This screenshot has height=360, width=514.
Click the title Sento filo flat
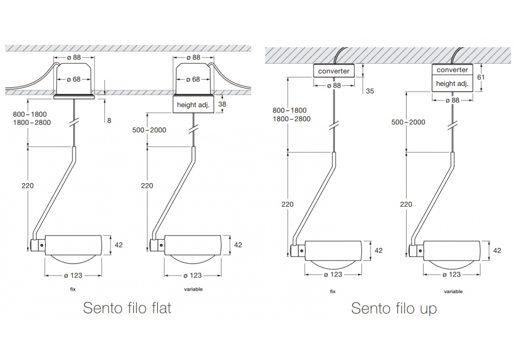pos(127,308)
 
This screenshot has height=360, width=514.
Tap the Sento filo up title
pos(394,308)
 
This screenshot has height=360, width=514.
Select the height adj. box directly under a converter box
pos(452,83)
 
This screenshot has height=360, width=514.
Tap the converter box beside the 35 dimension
pos(334,71)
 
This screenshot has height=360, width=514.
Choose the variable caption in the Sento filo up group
pos(453,292)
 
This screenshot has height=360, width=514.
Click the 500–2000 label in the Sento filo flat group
pos(149,130)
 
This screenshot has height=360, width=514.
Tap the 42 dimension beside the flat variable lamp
pos(237,245)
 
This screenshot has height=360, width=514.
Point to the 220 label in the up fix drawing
pos(288,204)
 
